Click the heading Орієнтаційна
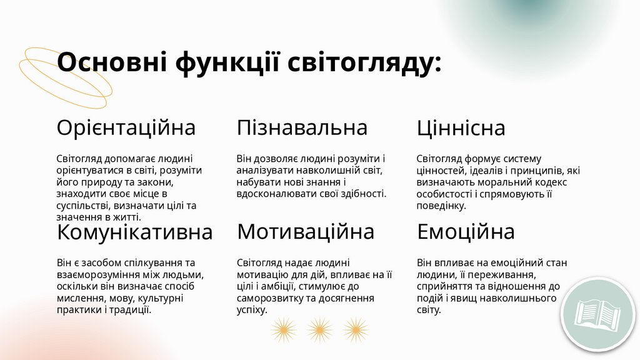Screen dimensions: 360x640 126,128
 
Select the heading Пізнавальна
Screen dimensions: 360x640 302,128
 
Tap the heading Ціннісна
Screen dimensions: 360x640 461,129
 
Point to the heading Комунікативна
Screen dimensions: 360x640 135,232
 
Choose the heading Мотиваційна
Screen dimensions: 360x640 306,232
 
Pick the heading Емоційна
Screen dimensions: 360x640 466,232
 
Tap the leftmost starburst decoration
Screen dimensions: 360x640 283,329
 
